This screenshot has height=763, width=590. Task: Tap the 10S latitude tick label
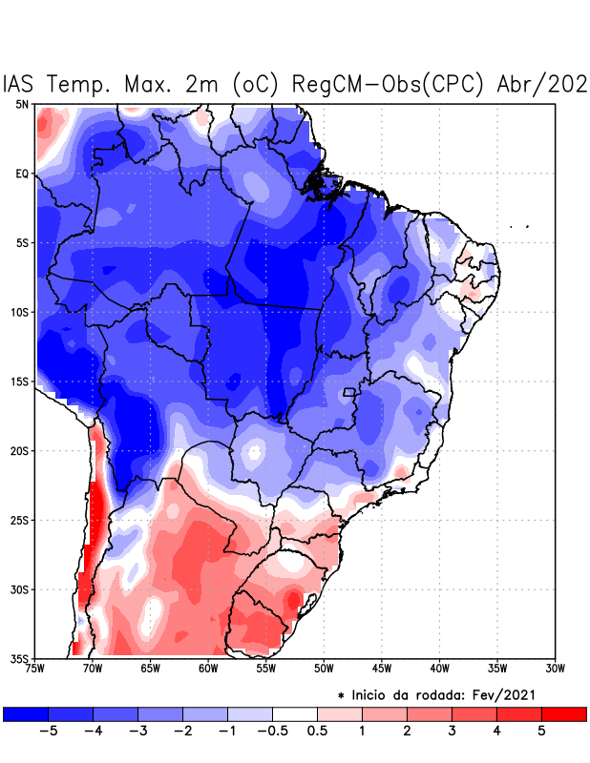tap(19, 312)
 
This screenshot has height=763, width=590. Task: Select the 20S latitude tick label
tap(19, 450)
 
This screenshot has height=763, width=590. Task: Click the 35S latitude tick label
tap(19, 658)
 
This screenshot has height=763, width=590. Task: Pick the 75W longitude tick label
tap(35, 669)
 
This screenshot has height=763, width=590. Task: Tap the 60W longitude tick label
tap(208, 669)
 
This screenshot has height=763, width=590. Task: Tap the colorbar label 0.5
tap(318, 731)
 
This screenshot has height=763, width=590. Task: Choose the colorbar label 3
tap(452, 731)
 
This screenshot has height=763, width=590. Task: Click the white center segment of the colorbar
tap(295, 713)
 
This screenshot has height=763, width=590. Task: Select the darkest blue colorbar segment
tap(26, 713)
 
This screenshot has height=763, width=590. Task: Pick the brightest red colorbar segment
tap(563, 713)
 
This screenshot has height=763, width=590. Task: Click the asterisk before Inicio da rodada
tap(342, 696)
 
